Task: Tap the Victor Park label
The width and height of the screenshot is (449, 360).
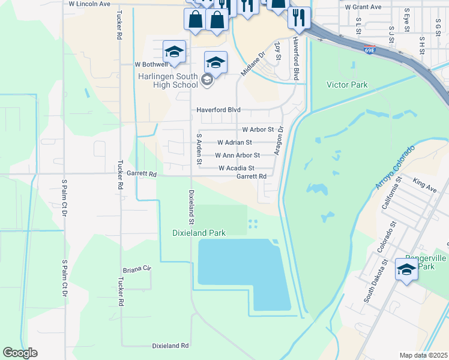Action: (346, 85)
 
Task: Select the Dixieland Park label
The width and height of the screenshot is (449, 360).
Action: (199, 233)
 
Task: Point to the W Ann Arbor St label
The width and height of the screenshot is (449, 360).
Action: (233, 155)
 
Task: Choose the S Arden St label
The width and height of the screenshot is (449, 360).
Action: (199, 150)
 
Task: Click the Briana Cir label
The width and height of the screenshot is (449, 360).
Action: (136, 269)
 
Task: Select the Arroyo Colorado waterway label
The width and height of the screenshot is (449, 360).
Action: (396, 167)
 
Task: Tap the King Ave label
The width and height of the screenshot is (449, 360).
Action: (424, 181)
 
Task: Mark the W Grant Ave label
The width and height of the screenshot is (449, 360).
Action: (363, 7)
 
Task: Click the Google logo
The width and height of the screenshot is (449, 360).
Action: (20, 353)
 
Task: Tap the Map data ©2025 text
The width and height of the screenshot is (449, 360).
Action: (423, 355)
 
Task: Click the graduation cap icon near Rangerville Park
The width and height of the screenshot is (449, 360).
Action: (406, 268)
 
